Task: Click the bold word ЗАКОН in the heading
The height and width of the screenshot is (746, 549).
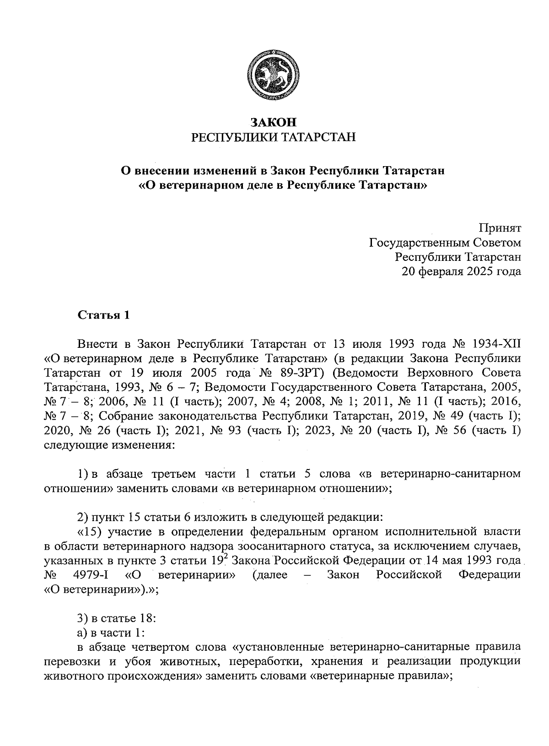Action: pos(273,122)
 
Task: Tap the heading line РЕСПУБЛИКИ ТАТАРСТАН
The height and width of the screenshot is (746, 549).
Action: pos(273,137)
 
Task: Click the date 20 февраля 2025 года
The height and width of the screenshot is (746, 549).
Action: pos(461,271)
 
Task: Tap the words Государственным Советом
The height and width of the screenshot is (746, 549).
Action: pos(445,242)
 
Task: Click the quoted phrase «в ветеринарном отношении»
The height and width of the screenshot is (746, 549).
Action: pos(306,488)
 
